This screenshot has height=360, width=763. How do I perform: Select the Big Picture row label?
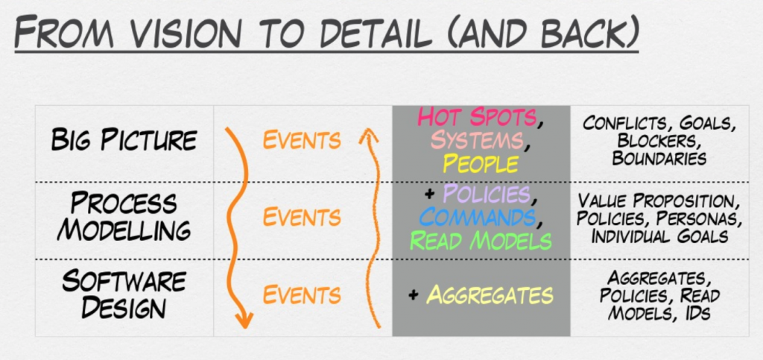pos(124,140)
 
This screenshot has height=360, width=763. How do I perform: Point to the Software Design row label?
pos(124,294)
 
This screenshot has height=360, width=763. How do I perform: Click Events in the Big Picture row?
pos(302,140)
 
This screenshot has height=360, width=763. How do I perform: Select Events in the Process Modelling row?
pos(302,217)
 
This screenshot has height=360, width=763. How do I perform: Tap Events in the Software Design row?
pos(302,294)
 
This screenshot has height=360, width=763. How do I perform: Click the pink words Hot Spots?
pos(477,117)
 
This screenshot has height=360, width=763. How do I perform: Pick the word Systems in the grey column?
pos(477,140)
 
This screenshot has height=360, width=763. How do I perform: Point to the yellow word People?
pos(481,163)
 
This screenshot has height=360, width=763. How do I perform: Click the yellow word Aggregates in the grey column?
pos(490,294)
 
